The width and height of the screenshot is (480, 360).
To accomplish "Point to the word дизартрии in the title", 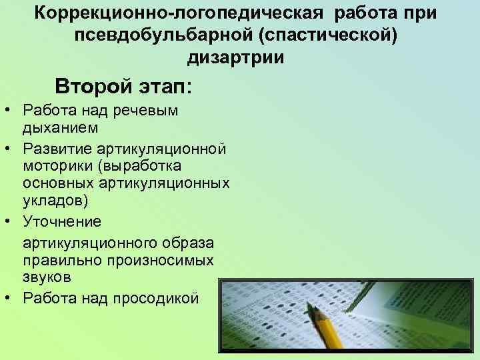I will coord(236,57).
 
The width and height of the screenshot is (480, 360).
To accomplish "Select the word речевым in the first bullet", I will coord(149,109).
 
